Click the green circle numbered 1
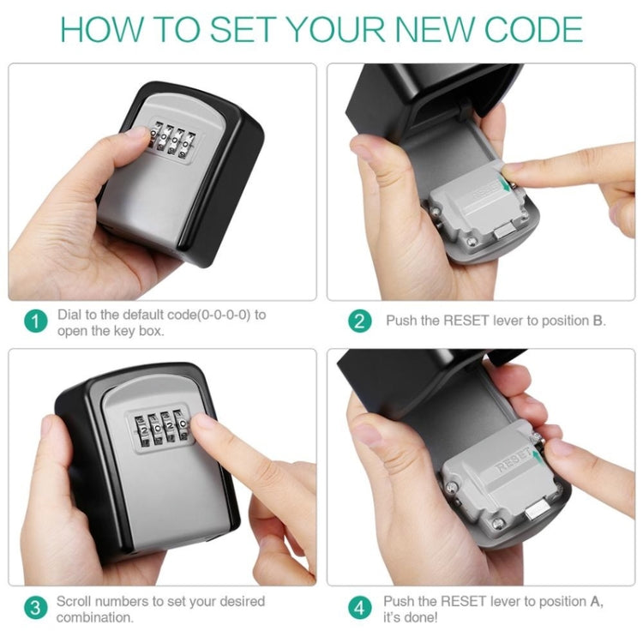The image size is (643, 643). (x=34, y=322)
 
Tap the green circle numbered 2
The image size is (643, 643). (x=359, y=321)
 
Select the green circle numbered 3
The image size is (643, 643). (x=34, y=609)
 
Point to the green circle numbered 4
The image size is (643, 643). (x=359, y=609)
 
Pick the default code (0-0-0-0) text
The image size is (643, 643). (x=222, y=315)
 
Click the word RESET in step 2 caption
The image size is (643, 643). (x=465, y=321)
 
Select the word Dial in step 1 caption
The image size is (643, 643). (x=69, y=315)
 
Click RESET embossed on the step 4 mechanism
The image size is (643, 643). (x=513, y=467)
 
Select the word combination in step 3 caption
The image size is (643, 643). (x=95, y=617)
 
